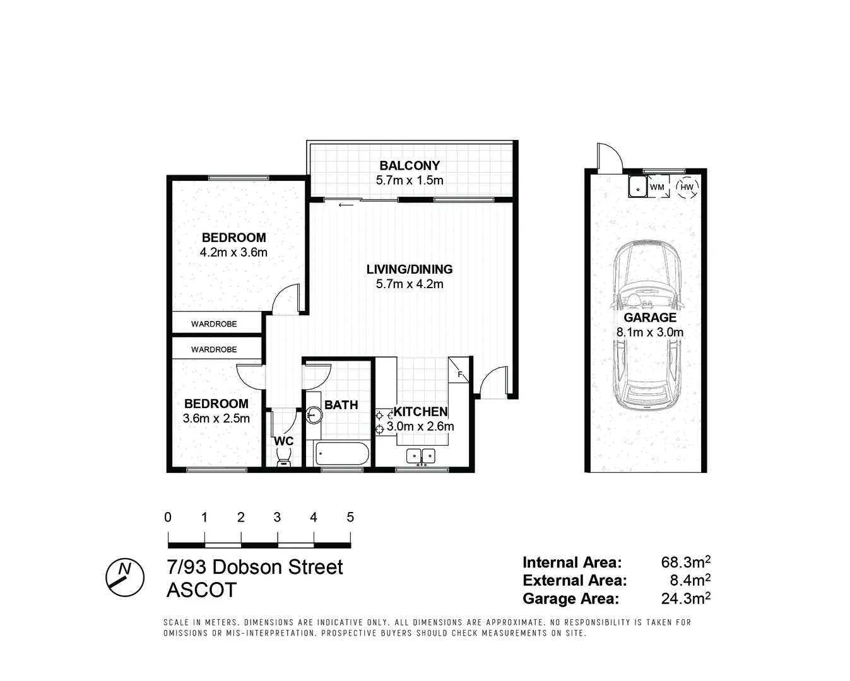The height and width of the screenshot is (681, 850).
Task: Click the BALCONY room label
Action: point(410,166)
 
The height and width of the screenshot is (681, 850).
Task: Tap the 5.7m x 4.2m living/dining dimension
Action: point(410,284)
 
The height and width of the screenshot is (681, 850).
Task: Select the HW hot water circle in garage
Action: point(686,187)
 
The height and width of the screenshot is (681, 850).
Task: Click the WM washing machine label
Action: point(657,187)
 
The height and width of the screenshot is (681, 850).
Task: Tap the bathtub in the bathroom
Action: point(341,453)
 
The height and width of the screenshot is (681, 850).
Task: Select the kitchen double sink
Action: point(421,455)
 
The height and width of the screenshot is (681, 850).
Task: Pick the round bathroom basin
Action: point(314,415)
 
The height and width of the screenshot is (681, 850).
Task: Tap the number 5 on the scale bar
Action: point(350,518)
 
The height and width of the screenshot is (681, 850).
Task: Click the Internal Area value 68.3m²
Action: point(685,562)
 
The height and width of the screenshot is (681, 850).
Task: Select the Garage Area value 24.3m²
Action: point(685,598)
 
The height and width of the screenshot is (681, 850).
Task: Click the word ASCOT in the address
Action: point(201,590)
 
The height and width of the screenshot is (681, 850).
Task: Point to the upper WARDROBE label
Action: point(214,323)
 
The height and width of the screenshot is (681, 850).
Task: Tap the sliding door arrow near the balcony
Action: point(345,205)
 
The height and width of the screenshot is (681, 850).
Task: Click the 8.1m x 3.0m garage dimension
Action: point(650,332)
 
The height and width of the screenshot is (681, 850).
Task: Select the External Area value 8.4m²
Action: point(689,580)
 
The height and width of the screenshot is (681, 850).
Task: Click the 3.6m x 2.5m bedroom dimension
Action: point(216,418)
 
